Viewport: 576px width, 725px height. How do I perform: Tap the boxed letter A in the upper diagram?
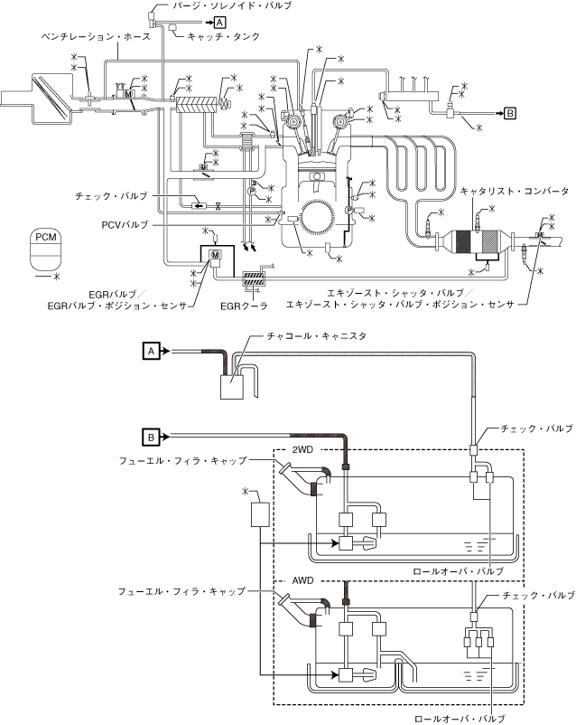(x=220, y=22)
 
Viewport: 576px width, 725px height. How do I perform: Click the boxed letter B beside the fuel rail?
(x=509, y=113)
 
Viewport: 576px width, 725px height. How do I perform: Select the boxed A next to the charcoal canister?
(x=151, y=352)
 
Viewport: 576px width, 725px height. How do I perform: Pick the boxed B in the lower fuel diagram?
(x=151, y=437)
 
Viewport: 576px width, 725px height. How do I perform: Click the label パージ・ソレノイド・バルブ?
(x=232, y=5)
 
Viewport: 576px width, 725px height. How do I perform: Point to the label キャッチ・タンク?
(x=224, y=36)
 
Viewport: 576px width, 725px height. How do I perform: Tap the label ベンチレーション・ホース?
(x=96, y=36)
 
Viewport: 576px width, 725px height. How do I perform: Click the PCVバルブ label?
(x=125, y=225)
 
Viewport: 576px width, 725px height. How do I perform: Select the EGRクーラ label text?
(x=244, y=306)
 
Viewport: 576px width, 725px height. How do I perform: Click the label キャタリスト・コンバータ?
(x=514, y=191)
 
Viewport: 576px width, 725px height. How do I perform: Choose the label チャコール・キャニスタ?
(x=316, y=336)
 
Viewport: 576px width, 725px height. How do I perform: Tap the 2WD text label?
(x=302, y=450)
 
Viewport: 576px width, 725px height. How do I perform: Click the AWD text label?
(x=302, y=580)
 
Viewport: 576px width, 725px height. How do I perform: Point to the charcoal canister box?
(x=231, y=387)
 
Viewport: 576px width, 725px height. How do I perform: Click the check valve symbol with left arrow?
(x=200, y=206)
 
